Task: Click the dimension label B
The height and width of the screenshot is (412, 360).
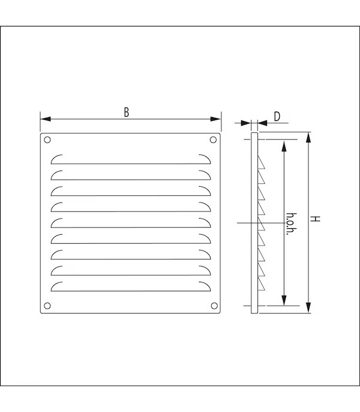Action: click(x=126, y=112)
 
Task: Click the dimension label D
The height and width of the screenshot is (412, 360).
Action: click(x=277, y=116)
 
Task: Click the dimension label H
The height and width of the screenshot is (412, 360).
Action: click(x=316, y=219)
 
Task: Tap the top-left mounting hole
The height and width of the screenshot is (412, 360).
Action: click(x=48, y=141)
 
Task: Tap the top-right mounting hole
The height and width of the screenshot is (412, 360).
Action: click(x=213, y=141)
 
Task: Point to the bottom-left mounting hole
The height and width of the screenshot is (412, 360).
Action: click(x=48, y=305)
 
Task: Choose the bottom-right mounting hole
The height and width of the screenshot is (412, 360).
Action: click(x=213, y=305)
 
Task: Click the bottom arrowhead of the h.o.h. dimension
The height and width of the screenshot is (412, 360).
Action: click(x=284, y=302)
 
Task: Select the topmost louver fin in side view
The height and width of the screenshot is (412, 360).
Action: click(x=262, y=163)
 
